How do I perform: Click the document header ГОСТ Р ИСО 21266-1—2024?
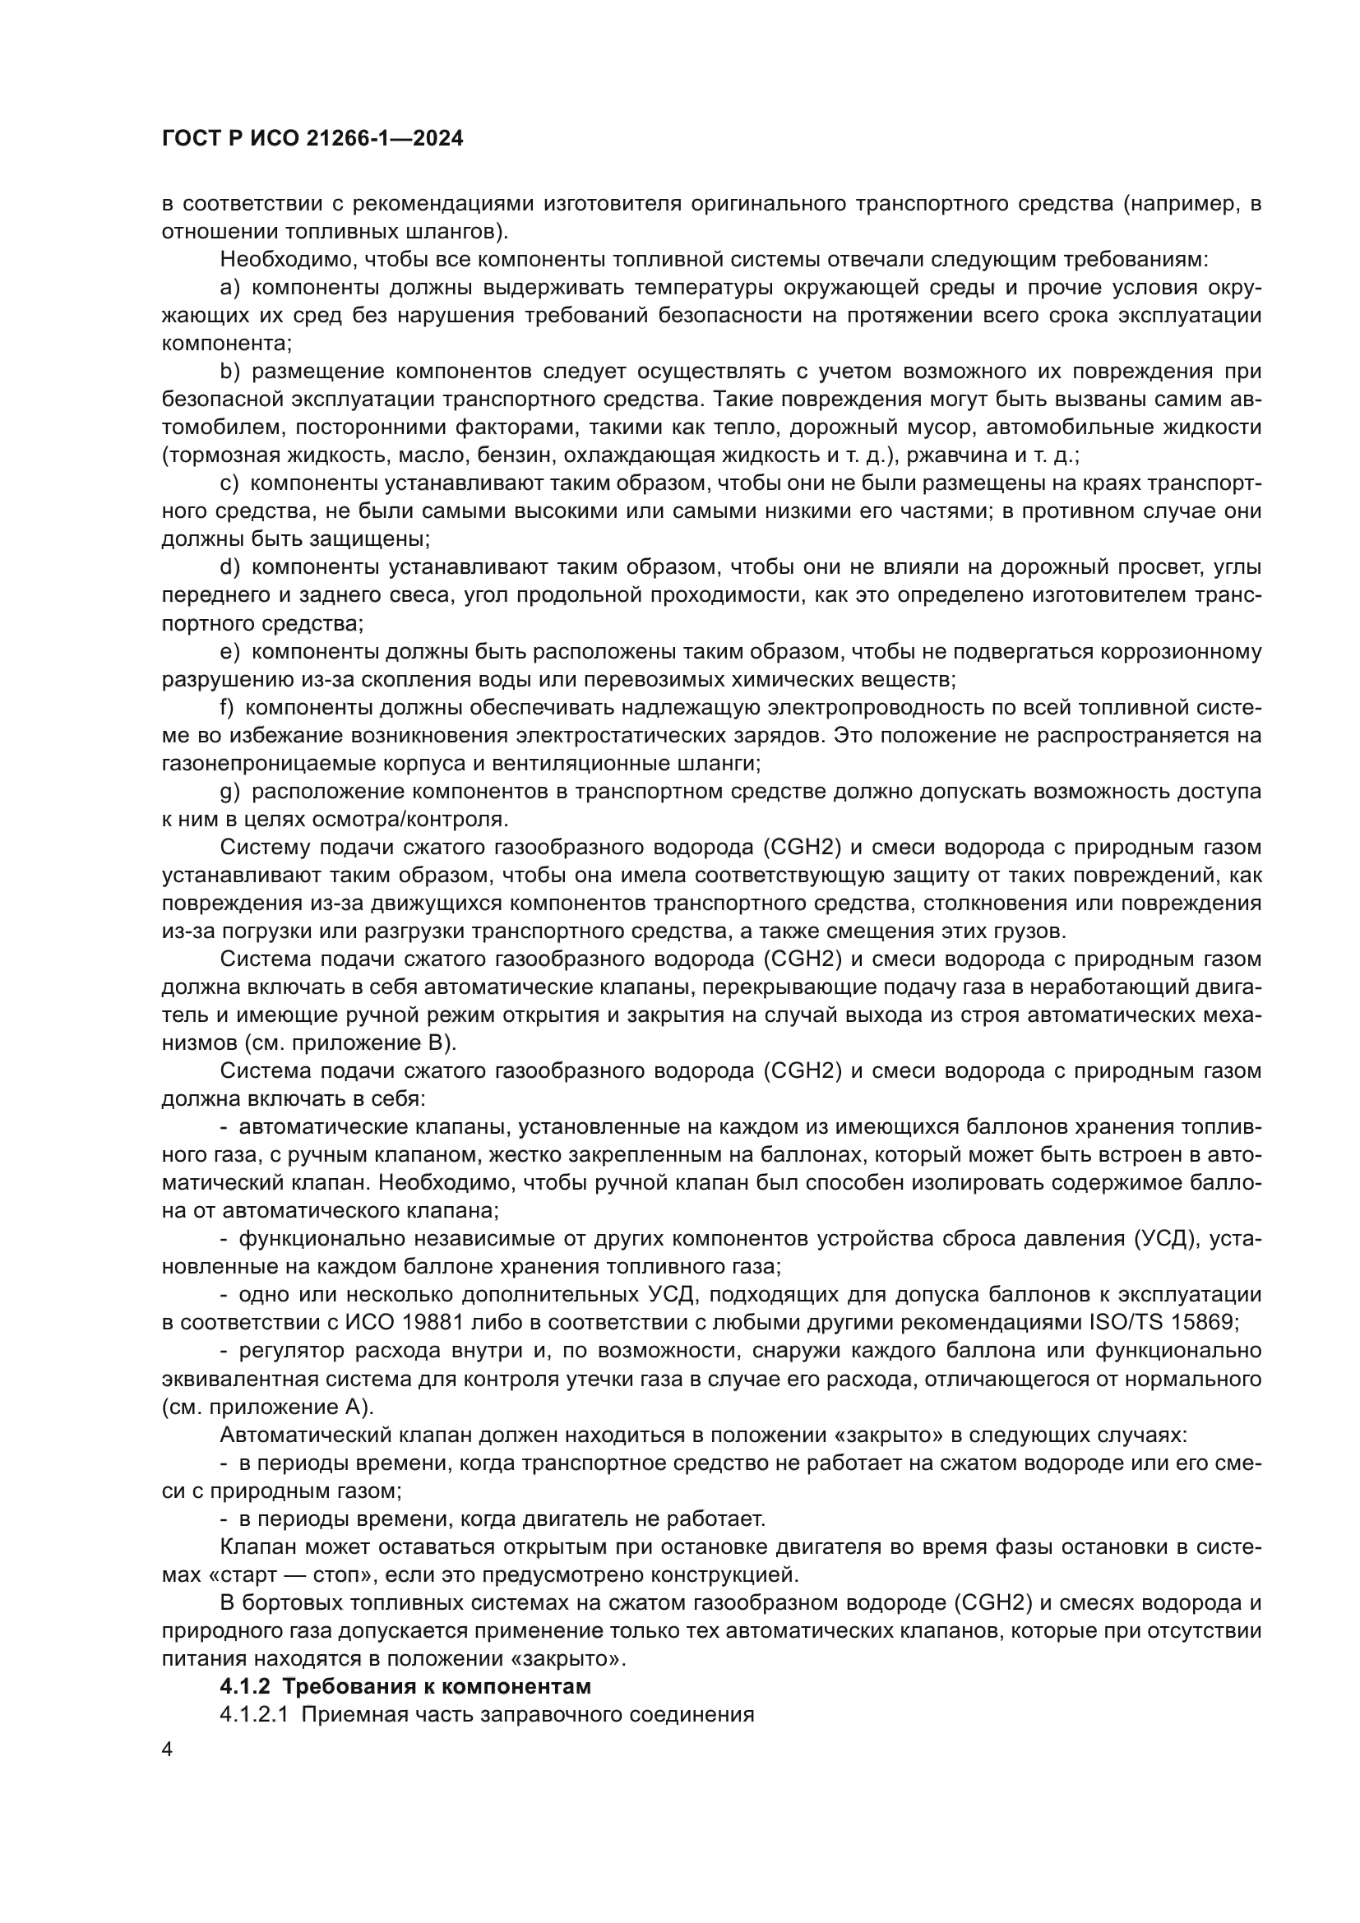click(312, 139)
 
